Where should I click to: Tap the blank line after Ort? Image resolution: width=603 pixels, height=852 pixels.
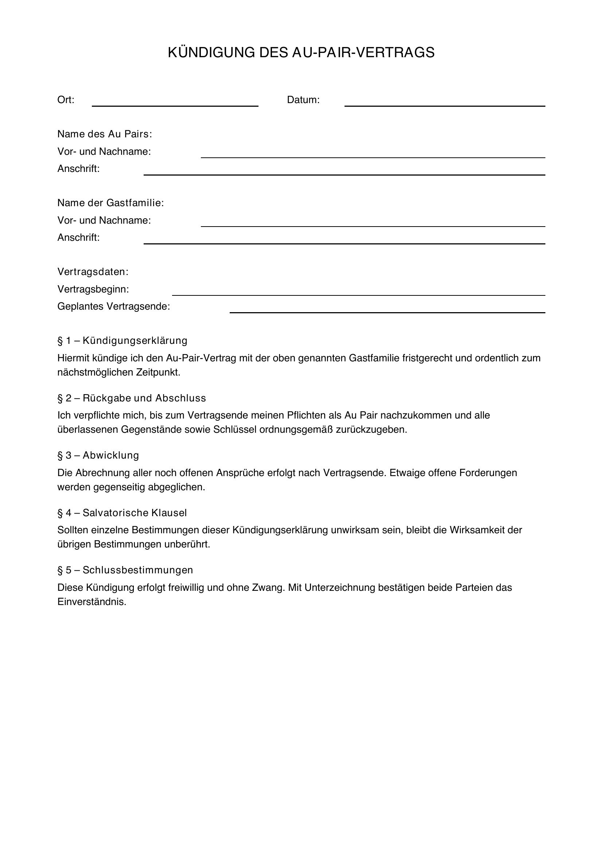click(175, 104)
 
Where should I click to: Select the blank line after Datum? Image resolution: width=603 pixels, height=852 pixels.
click(444, 104)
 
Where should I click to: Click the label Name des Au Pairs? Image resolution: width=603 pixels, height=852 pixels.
click(104, 134)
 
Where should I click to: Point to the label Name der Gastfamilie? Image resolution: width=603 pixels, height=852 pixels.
click(110, 203)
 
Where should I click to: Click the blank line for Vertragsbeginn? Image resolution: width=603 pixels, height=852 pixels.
click(358, 293)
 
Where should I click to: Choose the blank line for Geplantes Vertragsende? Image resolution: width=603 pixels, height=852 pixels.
click(387, 311)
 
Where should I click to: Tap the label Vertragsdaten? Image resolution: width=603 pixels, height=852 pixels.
click(93, 272)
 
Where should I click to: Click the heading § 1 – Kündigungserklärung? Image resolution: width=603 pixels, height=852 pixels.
click(122, 341)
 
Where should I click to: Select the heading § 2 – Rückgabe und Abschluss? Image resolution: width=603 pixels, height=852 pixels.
click(132, 398)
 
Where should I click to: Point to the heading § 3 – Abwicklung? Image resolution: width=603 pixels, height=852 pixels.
click(98, 455)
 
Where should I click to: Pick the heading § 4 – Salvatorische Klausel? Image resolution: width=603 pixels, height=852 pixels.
click(122, 513)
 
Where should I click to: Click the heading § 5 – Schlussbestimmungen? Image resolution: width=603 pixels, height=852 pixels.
click(125, 570)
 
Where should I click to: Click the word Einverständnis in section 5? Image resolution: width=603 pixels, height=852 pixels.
click(92, 602)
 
